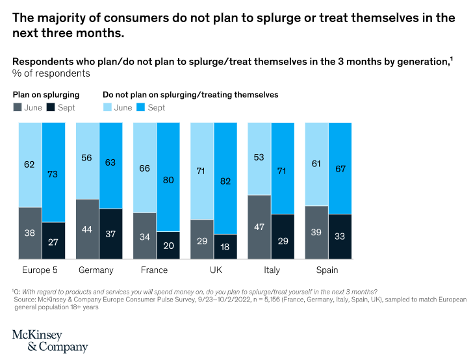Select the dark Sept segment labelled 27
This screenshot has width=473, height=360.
click(54, 242)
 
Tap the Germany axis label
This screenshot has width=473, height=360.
click(96, 270)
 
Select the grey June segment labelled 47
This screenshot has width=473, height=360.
click(259, 227)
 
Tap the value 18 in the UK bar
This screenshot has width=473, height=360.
click(225, 247)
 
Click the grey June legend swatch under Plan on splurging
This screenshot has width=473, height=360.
click(18, 107)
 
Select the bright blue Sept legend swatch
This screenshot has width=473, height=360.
click(140, 107)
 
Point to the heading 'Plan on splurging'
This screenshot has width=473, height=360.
click(46, 95)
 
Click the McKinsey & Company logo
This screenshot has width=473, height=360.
click(49, 341)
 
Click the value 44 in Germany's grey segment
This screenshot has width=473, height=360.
click(88, 229)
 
